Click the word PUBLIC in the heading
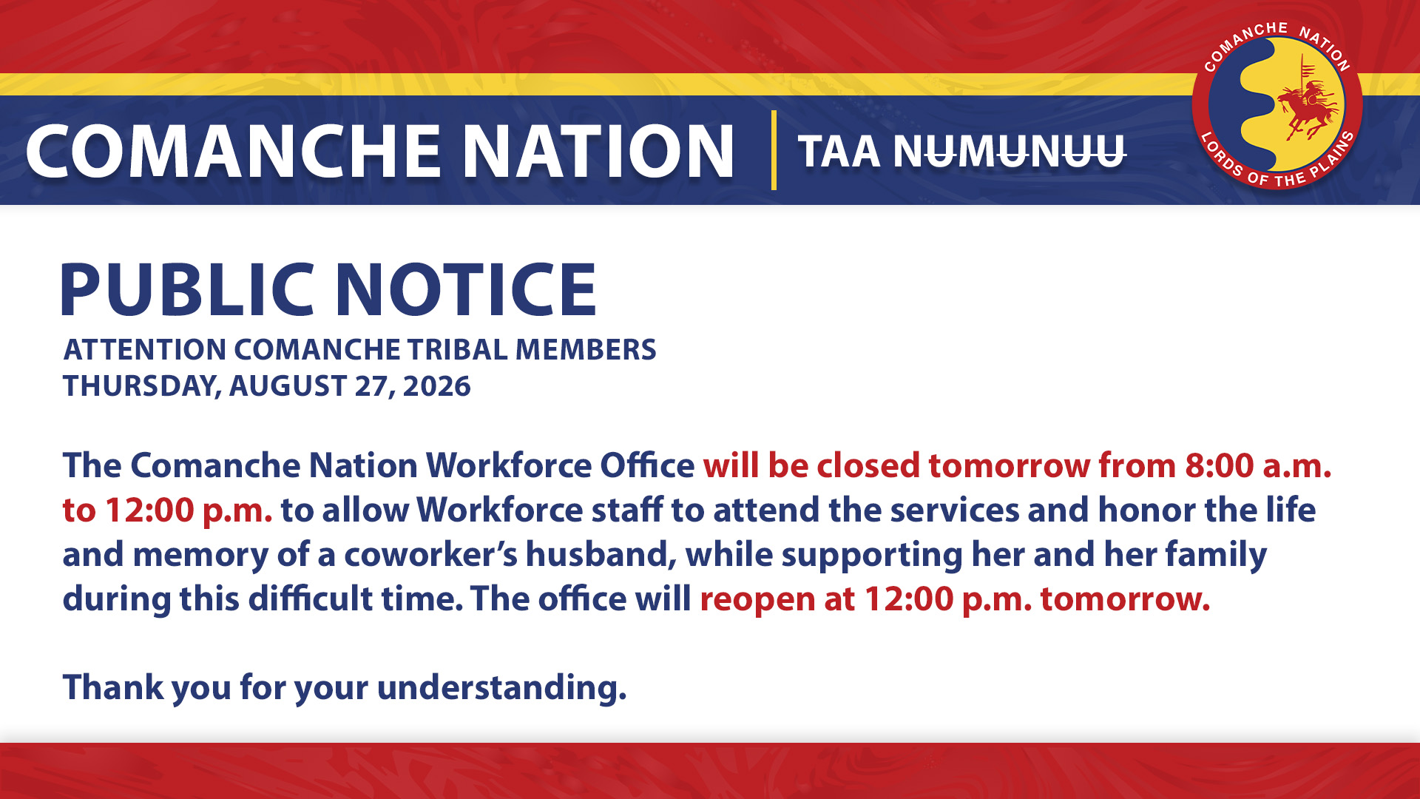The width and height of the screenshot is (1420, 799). (x=188, y=289)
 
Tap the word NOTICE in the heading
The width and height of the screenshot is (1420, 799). (x=466, y=289)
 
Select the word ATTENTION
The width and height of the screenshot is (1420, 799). (x=145, y=349)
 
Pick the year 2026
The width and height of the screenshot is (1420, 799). (x=436, y=386)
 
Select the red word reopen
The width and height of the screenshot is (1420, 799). (x=757, y=599)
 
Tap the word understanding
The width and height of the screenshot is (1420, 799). (x=501, y=687)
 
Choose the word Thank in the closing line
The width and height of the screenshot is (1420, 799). (x=113, y=687)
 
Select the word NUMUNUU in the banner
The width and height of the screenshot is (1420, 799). (x=1010, y=152)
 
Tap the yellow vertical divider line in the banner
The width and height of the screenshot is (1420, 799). (x=774, y=150)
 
